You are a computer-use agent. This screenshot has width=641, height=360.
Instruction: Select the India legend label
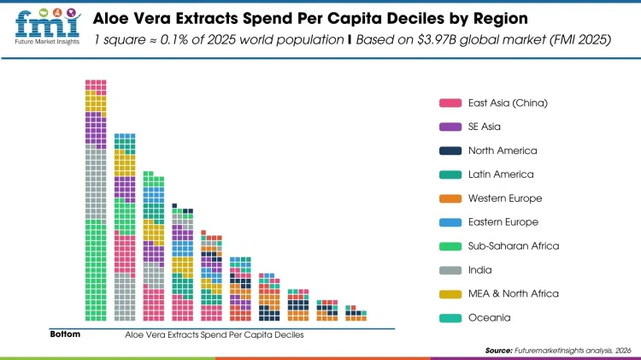(x=481, y=270)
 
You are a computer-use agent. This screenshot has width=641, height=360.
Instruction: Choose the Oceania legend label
(x=490, y=318)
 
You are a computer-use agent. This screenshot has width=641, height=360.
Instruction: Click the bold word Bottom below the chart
(x=65, y=334)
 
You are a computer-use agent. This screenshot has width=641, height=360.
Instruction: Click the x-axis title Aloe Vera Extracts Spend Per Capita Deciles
(x=214, y=334)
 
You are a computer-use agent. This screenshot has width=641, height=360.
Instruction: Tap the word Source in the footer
(x=498, y=351)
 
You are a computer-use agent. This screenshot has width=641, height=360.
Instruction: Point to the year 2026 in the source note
(x=622, y=351)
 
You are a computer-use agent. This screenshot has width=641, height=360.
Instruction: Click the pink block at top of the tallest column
(x=95, y=86)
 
